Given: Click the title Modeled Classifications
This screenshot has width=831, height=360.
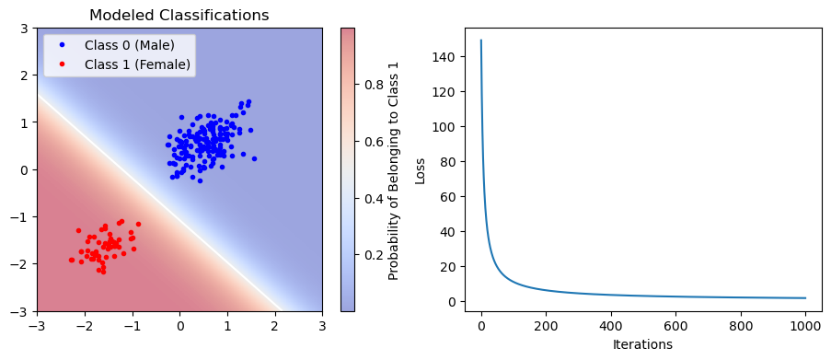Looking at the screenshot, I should [x=179, y=16].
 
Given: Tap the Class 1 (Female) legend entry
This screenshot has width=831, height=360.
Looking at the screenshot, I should [x=136, y=64].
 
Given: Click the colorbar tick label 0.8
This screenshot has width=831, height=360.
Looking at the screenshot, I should [x=375, y=85].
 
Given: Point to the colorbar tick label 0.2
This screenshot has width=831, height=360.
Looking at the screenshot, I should [x=375, y=254].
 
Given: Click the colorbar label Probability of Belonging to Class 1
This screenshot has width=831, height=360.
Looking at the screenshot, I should [x=394, y=170].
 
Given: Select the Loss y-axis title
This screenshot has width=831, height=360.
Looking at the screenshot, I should [x=421, y=170].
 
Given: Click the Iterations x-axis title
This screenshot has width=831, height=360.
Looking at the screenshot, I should [x=642, y=345].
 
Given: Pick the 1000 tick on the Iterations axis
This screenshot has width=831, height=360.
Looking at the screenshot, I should [x=805, y=325].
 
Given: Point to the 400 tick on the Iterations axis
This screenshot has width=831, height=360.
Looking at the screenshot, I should [x=611, y=325].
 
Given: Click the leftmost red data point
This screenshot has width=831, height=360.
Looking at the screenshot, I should [x=71, y=260].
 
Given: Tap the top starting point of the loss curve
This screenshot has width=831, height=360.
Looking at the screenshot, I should [x=481, y=41].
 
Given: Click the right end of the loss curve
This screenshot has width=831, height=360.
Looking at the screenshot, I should [x=805, y=298].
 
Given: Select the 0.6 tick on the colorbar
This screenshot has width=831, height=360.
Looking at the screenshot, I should [x=375, y=141].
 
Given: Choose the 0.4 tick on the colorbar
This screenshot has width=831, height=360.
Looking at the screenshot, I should [x=375, y=198].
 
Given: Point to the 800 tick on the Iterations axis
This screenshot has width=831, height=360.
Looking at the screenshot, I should [x=741, y=325].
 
